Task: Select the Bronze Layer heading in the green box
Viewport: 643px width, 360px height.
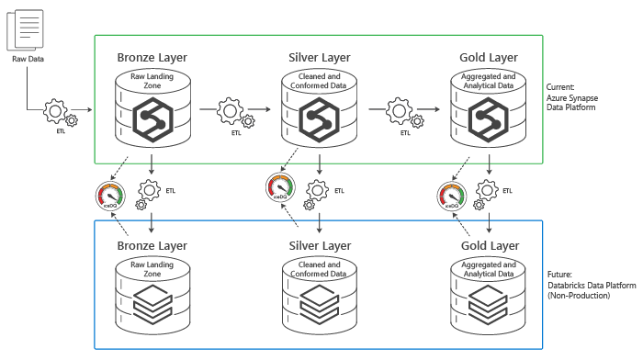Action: click(x=152, y=58)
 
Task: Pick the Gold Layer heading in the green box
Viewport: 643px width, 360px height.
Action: click(x=488, y=58)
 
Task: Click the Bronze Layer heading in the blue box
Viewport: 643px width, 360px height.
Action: click(x=152, y=245)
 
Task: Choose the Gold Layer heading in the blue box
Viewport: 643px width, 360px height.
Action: click(x=488, y=245)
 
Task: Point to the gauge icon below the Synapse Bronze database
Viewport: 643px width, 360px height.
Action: click(x=110, y=196)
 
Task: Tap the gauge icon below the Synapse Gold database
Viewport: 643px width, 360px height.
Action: click(x=452, y=196)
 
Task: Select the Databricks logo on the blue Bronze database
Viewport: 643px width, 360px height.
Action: click(x=152, y=302)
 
